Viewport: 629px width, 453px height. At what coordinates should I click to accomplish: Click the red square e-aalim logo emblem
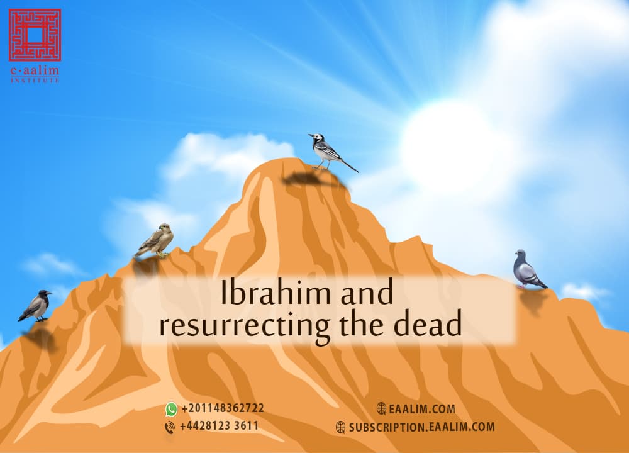(35, 34)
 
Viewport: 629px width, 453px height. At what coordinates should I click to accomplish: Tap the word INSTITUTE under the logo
(35, 81)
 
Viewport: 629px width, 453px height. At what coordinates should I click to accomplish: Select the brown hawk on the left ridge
(155, 240)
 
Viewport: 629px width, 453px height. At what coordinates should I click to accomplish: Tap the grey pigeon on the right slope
(527, 270)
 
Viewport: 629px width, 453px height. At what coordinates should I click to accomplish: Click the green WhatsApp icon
(171, 409)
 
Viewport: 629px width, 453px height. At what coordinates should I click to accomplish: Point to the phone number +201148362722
(223, 408)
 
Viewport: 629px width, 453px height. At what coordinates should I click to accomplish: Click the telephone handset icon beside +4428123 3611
(170, 427)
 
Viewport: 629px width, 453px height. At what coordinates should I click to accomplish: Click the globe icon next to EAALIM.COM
(382, 409)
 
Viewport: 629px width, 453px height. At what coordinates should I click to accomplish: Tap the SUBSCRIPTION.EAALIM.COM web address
(421, 427)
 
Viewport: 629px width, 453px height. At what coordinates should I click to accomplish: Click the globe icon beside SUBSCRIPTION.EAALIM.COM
(341, 427)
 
